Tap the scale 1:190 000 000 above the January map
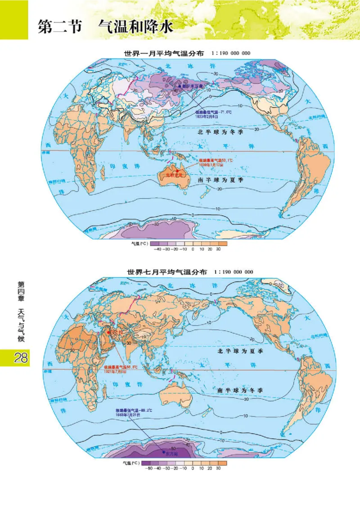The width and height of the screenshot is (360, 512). pyautogui.click(x=230, y=53)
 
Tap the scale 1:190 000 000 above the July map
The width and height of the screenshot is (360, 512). pyautogui.click(x=234, y=272)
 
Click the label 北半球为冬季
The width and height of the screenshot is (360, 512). pyautogui.click(x=221, y=133)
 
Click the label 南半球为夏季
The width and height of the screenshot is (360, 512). pyautogui.click(x=221, y=180)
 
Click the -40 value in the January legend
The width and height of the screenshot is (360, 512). pyautogui.click(x=157, y=249)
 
